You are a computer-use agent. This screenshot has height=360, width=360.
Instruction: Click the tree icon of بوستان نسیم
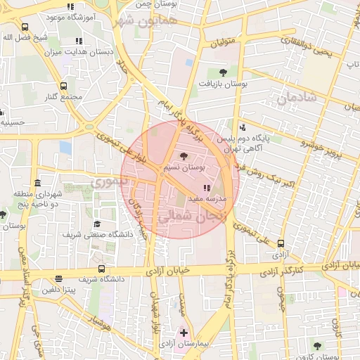coord(184,156)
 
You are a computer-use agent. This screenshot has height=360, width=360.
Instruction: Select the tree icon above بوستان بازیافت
coord(223,72)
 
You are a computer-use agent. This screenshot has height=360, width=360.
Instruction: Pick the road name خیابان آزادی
coord(169,270)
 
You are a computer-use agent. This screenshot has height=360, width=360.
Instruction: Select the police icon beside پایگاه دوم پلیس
coord(242,128)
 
